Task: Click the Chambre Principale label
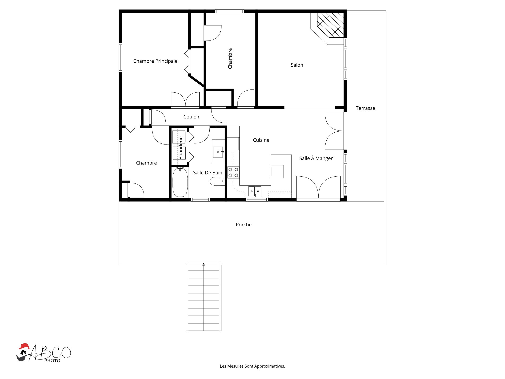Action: coord(155,61)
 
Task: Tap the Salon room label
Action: coord(297,65)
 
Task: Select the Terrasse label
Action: coord(365,108)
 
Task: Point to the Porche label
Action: coord(244,225)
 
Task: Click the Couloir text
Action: coord(191,117)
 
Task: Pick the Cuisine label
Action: coord(261,140)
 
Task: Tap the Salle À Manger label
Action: coord(316,158)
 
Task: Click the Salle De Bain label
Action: coord(208,173)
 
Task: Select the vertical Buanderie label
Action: coord(180,148)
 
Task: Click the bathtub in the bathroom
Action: coord(180,182)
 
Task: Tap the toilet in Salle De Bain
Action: coord(217,181)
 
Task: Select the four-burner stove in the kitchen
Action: coord(233,172)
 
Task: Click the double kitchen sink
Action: coord(255,191)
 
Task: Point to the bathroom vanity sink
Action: coord(218,152)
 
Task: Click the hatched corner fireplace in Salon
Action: coord(330,25)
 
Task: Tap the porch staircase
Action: coord(204,297)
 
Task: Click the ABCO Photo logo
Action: coord(44,353)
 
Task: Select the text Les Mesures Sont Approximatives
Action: coord(252,366)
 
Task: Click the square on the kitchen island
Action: coord(277,171)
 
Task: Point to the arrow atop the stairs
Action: coord(204,264)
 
